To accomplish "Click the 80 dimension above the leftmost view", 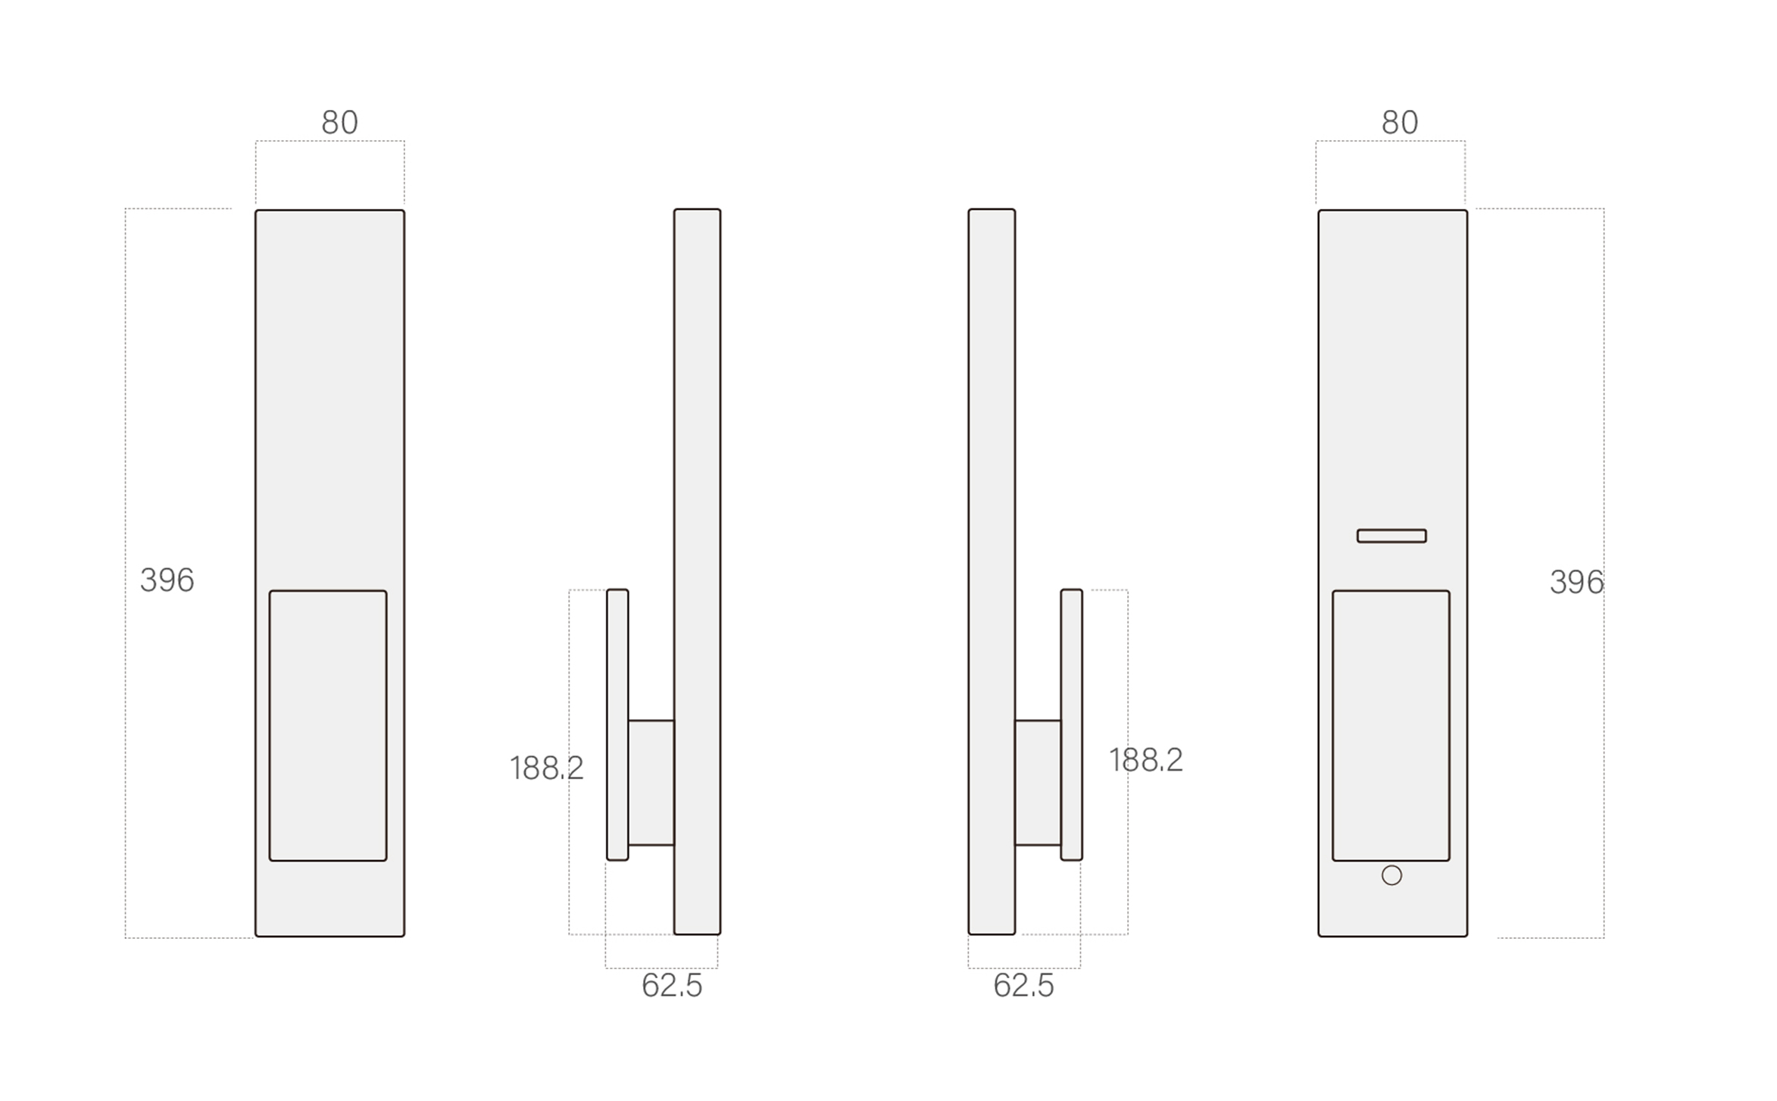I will click(x=339, y=122).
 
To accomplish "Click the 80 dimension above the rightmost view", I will click(x=1399, y=122).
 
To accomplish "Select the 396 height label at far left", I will click(x=167, y=580).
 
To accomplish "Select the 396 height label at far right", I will click(x=1576, y=582).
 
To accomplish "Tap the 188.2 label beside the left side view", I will click(x=546, y=768).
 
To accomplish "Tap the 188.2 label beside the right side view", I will click(x=1145, y=760).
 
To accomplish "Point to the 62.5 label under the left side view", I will click(x=672, y=986).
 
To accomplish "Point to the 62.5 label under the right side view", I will click(x=1023, y=986).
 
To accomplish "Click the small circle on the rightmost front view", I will click(x=1391, y=875).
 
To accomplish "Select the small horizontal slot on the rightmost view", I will click(x=1391, y=536).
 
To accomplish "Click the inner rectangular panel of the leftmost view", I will click(x=328, y=725).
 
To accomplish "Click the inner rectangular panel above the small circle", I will click(x=1391, y=725).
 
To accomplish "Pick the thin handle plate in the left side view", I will click(x=617, y=724).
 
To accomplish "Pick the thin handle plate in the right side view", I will click(x=1071, y=724).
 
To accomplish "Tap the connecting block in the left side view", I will click(x=651, y=782).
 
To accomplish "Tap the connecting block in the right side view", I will click(x=1038, y=782).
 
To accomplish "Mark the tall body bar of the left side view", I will click(x=697, y=455).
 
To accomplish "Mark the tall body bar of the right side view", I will click(x=992, y=455).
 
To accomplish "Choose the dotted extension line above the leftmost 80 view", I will click(x=330, y=141).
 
